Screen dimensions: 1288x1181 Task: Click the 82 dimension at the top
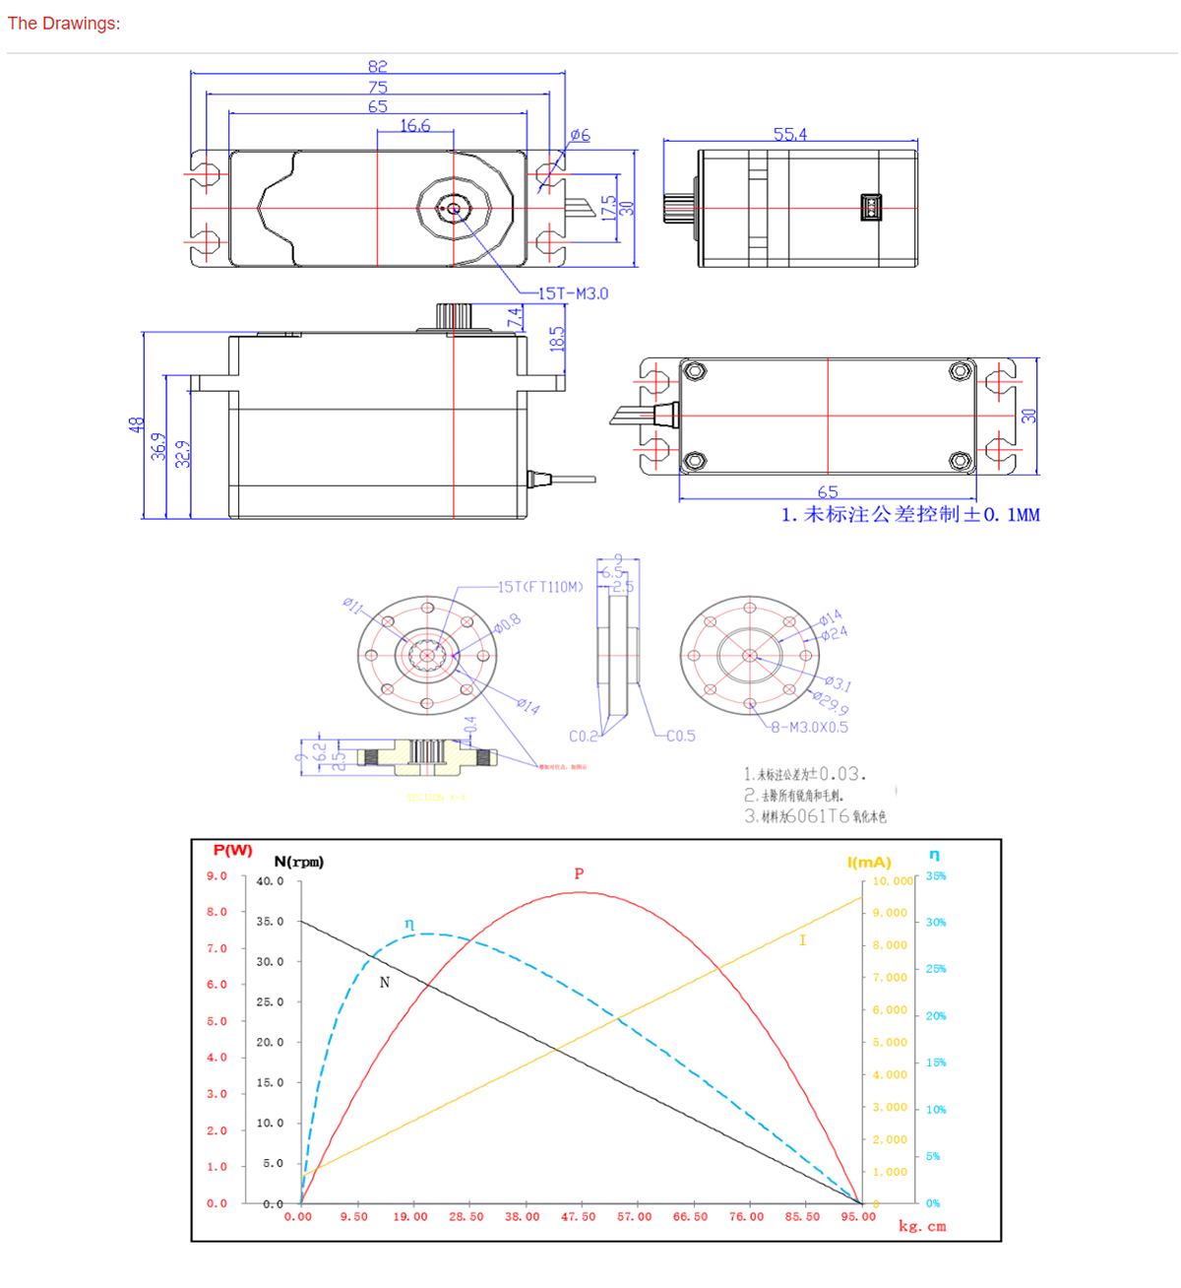coord(378,66)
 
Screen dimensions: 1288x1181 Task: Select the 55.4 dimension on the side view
coord(790,134)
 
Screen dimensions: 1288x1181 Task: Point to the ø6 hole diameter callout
coord(580,135)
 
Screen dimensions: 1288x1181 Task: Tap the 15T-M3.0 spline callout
coord(573,293)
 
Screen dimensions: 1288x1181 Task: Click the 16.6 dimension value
coord(415,125)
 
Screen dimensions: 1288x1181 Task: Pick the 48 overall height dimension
coord(136,424)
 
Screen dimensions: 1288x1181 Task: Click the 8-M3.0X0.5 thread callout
coord(809,728)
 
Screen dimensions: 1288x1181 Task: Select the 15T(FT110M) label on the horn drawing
coord(540,587)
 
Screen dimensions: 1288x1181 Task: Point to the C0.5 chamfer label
coord(680,736)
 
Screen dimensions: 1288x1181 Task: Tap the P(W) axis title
coord(232,851)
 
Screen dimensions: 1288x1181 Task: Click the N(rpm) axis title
coord(298,862)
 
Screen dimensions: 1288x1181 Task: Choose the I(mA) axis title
coord(869,863)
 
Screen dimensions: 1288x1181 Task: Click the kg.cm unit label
coord(922,1227)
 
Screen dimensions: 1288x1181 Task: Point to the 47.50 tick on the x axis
coord(579,1217)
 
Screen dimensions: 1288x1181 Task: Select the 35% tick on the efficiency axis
coord(936,876)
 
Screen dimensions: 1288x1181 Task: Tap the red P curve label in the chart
coord(579,873)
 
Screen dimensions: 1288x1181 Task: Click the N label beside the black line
coord(385,982)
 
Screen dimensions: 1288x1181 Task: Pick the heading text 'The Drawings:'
coord(64,23)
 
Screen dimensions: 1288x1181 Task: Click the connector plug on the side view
coord(871,208)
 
